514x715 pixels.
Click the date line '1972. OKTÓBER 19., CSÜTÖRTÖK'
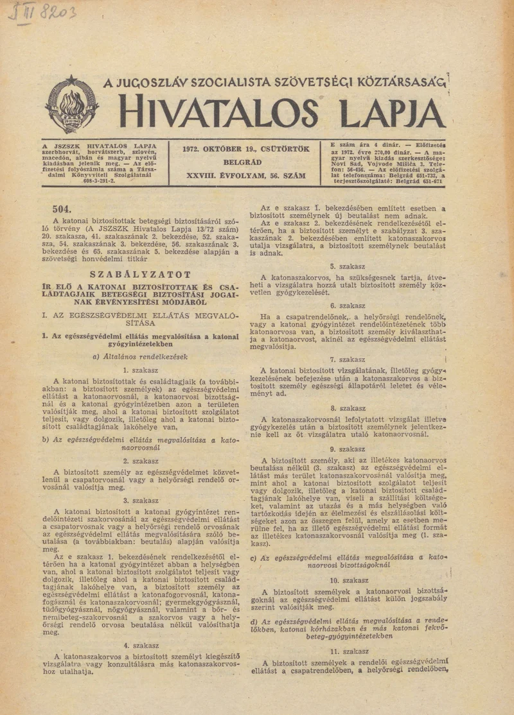click(x=247, y=149)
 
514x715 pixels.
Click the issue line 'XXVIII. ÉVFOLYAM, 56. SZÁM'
click(x=247, y=175)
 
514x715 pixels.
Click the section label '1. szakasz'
click(x=141, y=370)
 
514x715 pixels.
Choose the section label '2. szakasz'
click(x=141, y=461)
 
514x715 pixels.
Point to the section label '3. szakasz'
click(x=141, y=500)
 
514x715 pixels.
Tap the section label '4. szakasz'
click(x=141, y=645)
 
